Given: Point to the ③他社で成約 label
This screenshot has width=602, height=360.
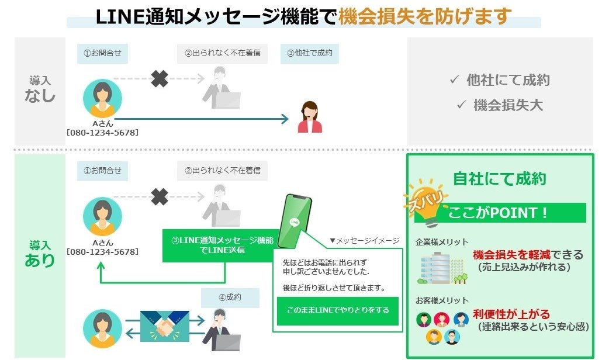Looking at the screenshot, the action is (309, 53).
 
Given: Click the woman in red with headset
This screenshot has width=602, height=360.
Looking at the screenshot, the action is (309, 117).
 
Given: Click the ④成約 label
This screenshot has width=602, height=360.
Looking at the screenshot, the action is (230, 297).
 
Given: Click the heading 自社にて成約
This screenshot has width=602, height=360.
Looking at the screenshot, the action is (499, 179).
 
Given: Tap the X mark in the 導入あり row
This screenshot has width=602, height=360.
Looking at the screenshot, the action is (160, 197).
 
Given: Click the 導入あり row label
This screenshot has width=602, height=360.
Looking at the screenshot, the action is (40, 253).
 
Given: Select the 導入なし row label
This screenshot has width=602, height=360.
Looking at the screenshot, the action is (40, 89).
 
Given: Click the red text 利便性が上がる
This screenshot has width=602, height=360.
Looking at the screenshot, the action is (511, 315).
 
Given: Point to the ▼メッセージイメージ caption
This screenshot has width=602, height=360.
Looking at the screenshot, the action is (364, 240).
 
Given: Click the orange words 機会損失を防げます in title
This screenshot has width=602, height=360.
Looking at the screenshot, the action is (425, 16).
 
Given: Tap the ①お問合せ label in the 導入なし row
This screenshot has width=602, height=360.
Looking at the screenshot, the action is (102, 53).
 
